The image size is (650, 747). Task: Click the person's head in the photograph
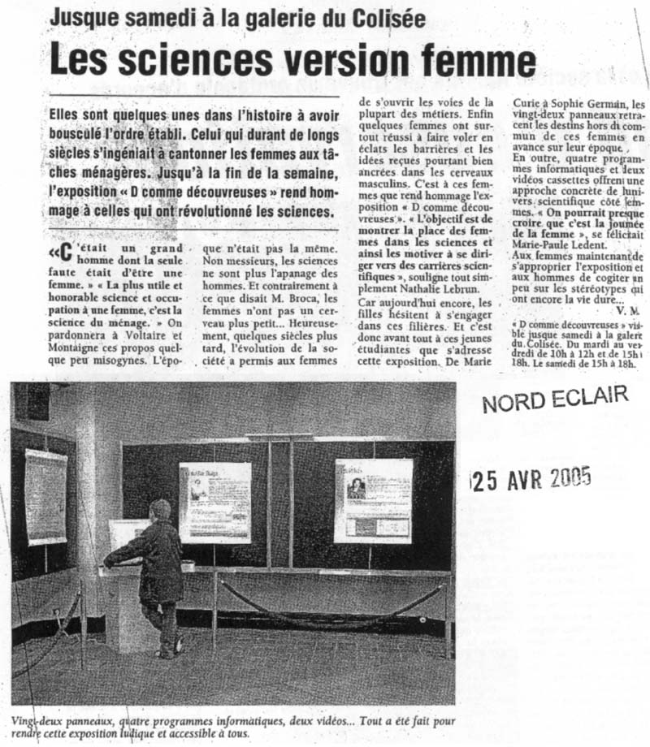159,511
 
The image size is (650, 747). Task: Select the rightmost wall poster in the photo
373,500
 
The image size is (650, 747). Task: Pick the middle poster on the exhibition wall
214,502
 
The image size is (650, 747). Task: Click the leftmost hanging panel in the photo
45,496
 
